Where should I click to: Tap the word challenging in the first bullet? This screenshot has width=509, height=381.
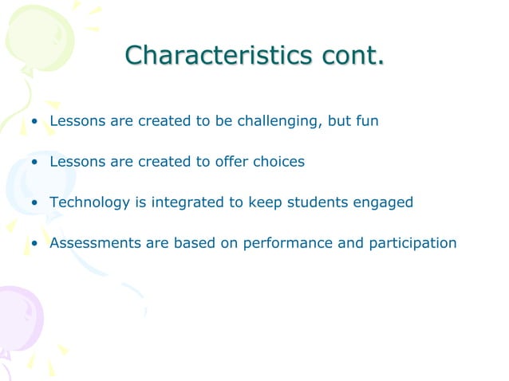pyautogui.click(x=272, y=122)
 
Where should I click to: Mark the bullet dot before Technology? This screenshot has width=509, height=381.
pyautogui.click(x=35, y=203)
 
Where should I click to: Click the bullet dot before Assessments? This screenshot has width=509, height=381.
pyautogui.click(x=35, y=243)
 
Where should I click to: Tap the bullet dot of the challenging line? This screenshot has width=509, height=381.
pyautogui.click(x=35, y=123)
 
